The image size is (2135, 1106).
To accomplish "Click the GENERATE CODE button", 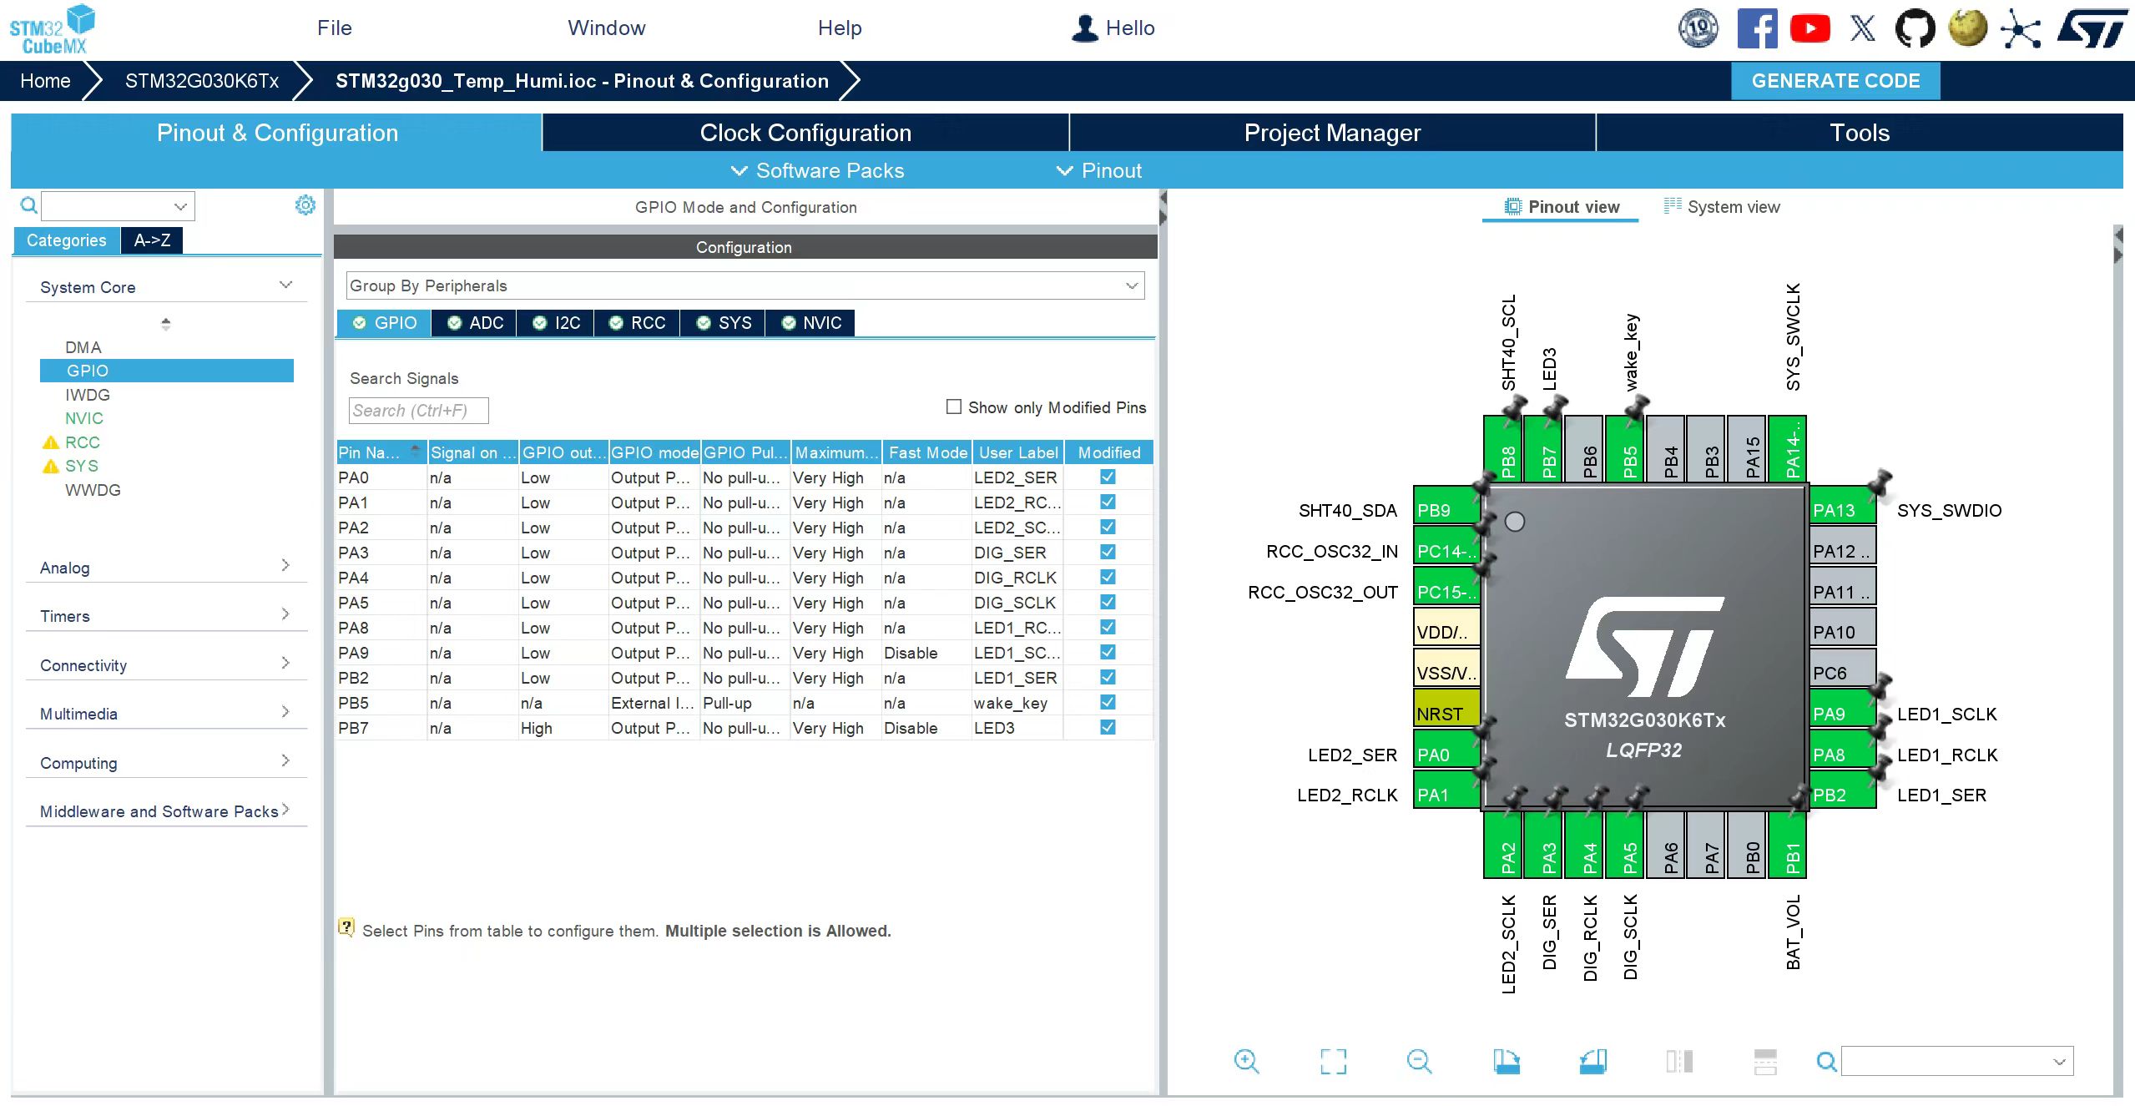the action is coord(1835,81).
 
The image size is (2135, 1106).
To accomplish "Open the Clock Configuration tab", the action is coord(805,133).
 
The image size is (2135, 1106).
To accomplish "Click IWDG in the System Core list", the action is coord(88,395).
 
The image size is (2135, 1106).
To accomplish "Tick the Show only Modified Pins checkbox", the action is coord(954,407).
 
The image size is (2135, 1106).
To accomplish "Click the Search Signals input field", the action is coord(418,411).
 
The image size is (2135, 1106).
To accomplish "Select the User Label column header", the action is coord(1018,452).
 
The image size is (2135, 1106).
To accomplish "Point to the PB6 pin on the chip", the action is coord(1590,449).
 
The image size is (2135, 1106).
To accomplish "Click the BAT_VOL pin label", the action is coord(1793,932).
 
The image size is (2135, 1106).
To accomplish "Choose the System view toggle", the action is coord(1722,207).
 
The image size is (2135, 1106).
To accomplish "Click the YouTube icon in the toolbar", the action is coord(1809,29).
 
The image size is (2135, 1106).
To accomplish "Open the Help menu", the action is coord(840,28).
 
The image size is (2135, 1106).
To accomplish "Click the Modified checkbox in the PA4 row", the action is coord(1108,577).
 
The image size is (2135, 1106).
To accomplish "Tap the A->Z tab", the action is coord(152,240).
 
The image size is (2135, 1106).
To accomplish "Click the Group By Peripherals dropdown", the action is coord(744,285).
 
